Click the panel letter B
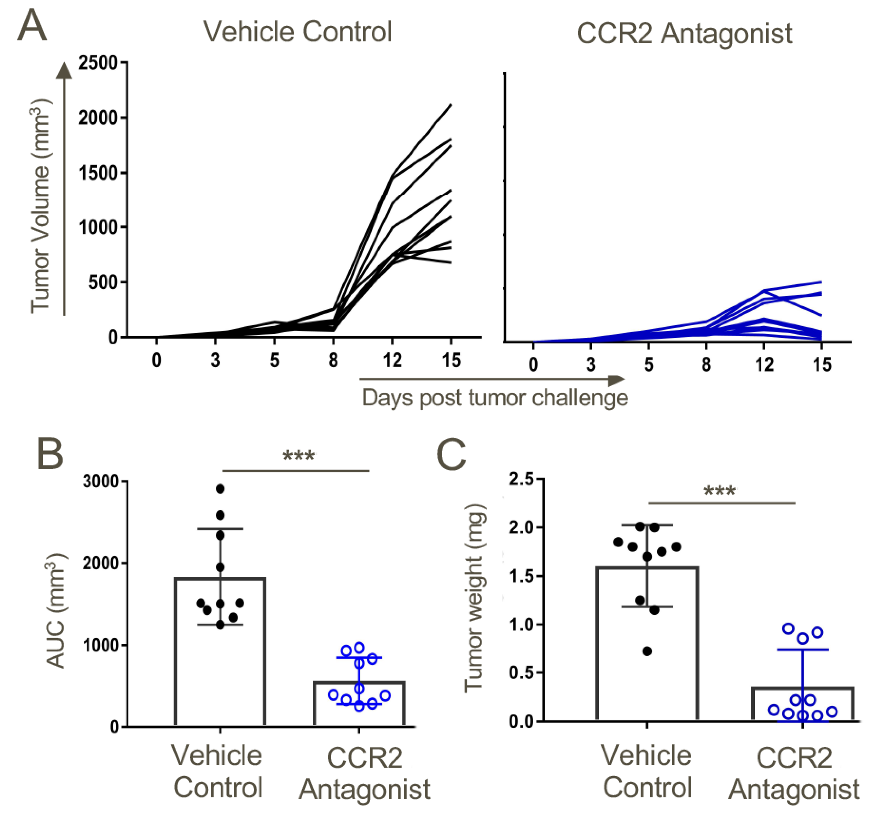click(x=50, y=454)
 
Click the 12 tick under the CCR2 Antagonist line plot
click(x=764, y=365)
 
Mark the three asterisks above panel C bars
click(x=720, y=491)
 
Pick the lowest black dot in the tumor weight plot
click(x=647, y=651)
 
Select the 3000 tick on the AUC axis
click(x=101, y=482)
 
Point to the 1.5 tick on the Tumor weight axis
click(x=521, y=576)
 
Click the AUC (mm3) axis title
click(x=56, y=611)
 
